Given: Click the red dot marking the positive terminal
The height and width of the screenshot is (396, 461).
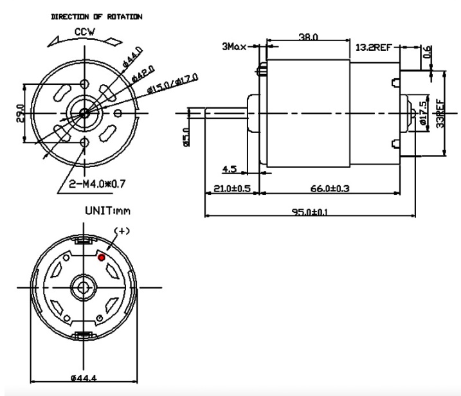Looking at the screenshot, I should click(101, 257).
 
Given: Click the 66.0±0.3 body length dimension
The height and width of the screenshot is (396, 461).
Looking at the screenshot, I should click(325, 189).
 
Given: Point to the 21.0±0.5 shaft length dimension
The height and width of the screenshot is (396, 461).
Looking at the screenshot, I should click(231, 189).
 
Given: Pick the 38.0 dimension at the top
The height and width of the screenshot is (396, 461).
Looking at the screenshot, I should click(308, 38).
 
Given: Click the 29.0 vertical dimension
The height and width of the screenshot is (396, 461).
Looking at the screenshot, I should click(19, 113).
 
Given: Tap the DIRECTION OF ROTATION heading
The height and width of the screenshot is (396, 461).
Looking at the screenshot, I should click(97, 16).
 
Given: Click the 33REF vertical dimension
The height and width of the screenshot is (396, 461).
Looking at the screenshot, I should click(439, 112).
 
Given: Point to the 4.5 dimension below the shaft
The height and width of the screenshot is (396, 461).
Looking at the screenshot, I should click(229, 170).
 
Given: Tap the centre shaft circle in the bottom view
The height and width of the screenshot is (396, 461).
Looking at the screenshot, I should click(83, 284).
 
